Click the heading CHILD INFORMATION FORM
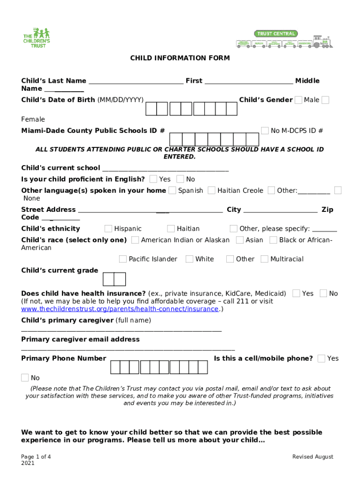coord(180,58)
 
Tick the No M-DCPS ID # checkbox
coord(265,131)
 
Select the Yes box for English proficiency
coord(153,179)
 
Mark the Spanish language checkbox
coord(173,190)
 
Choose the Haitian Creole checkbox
coord(212,190)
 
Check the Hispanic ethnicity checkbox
coord(108,228)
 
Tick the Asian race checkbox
coord(240,240)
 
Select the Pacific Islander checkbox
coord(123,259)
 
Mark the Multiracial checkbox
coord(265,259)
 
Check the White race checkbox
coord(189,259)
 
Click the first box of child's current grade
coord(108,279)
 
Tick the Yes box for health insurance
coord(296,293)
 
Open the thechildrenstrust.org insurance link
coord(120,309)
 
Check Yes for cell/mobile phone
coord(321,358)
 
